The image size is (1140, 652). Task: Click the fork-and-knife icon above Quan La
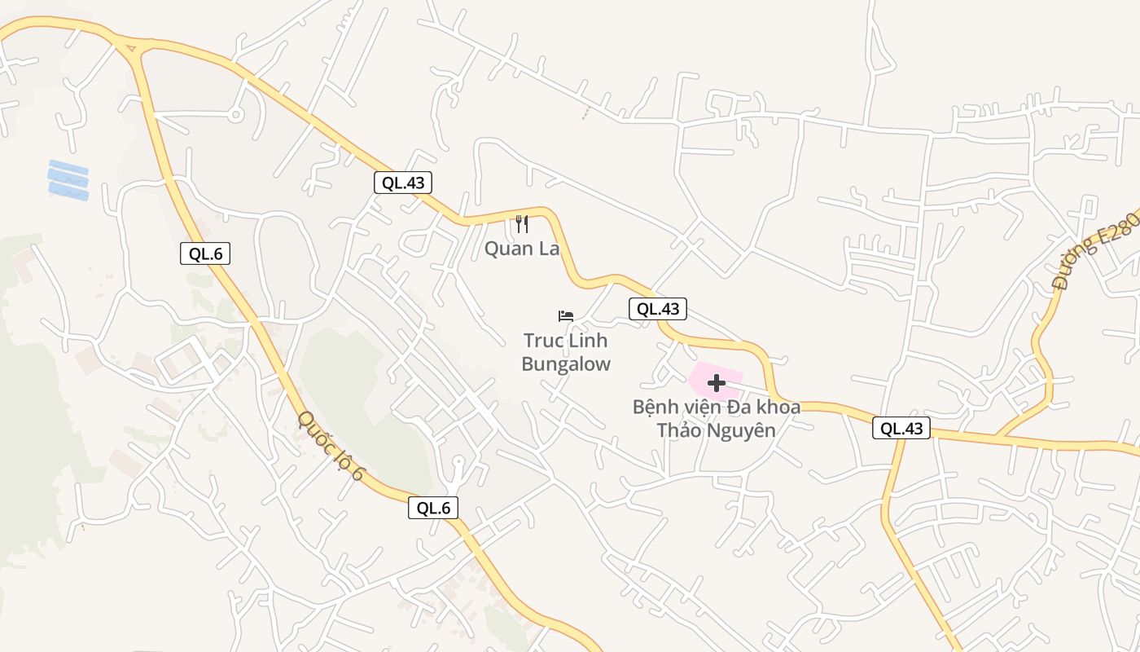click(522, 223)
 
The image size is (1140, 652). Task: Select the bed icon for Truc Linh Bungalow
click(566, 315)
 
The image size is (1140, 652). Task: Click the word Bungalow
click(566, 364)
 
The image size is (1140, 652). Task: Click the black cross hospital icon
click(717, 383)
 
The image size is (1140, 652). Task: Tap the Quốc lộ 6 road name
click(331, 445)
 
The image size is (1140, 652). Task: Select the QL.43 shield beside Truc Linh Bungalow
click(658, 309)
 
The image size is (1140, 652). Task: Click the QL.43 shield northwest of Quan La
click(403, 183)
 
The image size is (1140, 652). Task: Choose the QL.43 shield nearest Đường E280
click(901, 428)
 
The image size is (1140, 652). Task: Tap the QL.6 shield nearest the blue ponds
click(205, 253)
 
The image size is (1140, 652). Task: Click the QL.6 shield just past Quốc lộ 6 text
click(433, 508)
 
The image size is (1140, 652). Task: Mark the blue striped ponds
click(68, 180)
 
